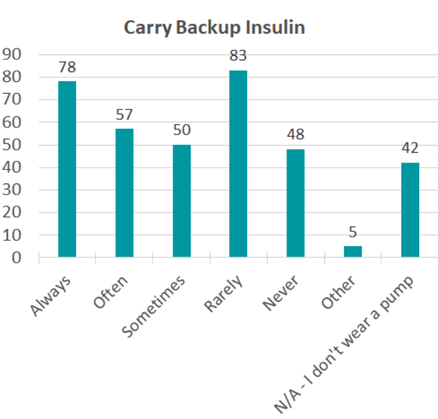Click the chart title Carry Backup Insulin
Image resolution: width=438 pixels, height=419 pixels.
(x=214, y=28)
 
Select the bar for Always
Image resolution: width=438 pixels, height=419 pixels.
(x=67, y=169)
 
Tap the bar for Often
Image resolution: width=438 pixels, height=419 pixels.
(x=124, y=193)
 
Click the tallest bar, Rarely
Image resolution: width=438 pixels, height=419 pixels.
(x=238, y=163)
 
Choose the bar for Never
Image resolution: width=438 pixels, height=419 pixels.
(x=295, y=203)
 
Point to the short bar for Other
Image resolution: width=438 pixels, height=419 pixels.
(x=352, y=251)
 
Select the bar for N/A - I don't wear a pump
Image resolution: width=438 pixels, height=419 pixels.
(x=410, y=210)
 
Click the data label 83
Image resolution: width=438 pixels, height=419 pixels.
(x=238, y=56)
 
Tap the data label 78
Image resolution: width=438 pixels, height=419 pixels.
(x=67, y=67)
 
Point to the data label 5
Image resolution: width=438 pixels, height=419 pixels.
(x=352, y=232)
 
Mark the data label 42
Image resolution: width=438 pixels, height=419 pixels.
(x=410, y=149)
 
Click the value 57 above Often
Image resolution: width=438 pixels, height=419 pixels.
(x=124, y=115)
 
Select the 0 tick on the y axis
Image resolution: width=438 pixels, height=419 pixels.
(x=16, y=258)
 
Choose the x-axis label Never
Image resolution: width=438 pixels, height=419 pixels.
(x=282, y=292)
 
